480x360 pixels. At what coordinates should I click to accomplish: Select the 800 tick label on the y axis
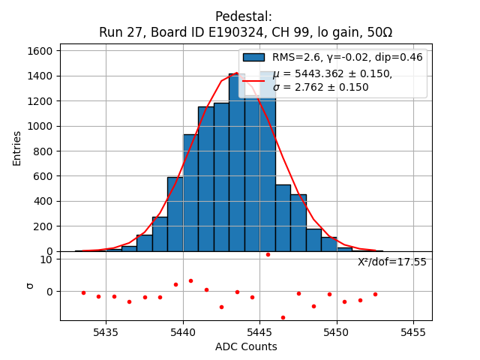click(x=42, y=151)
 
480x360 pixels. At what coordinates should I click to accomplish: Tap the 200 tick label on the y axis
click(x=42, y=226)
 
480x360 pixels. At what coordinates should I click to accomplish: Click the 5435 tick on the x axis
click(x=106, y=332)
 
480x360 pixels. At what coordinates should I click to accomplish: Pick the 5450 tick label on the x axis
click(x=337, y=332)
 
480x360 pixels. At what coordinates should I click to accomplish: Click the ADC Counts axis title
click(x=246, y=346)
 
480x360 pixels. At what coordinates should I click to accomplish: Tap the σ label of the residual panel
click(x=30, y=285)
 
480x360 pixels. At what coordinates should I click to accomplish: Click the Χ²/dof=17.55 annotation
click(x=391, y=262)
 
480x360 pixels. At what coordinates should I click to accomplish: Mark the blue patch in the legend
click(x=253, y=58)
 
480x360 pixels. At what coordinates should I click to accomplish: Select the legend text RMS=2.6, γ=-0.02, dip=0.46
click(x=347, y=58)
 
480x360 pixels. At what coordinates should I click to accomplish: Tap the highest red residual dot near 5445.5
click(x=268, y=254)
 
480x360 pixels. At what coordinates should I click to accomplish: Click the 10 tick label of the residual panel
click(x=46, y=259)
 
